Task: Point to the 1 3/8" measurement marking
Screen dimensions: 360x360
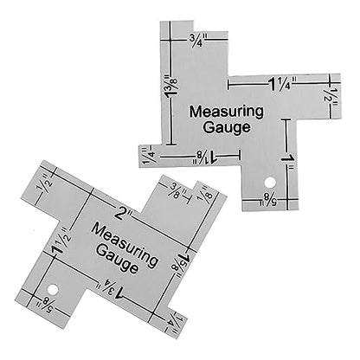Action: point(171,87)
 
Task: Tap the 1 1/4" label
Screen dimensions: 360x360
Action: point(282,83)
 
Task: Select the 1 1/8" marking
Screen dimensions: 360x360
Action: point(206,157)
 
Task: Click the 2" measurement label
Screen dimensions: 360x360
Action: point(124,215)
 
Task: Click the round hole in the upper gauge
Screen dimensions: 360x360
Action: point(270,183)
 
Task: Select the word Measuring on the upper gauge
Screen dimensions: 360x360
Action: point(226,112)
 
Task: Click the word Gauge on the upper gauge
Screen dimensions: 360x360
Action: point(227,127)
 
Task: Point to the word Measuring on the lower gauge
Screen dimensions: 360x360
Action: point(125,245)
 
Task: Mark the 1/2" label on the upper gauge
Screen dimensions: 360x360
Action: point(332,98)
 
